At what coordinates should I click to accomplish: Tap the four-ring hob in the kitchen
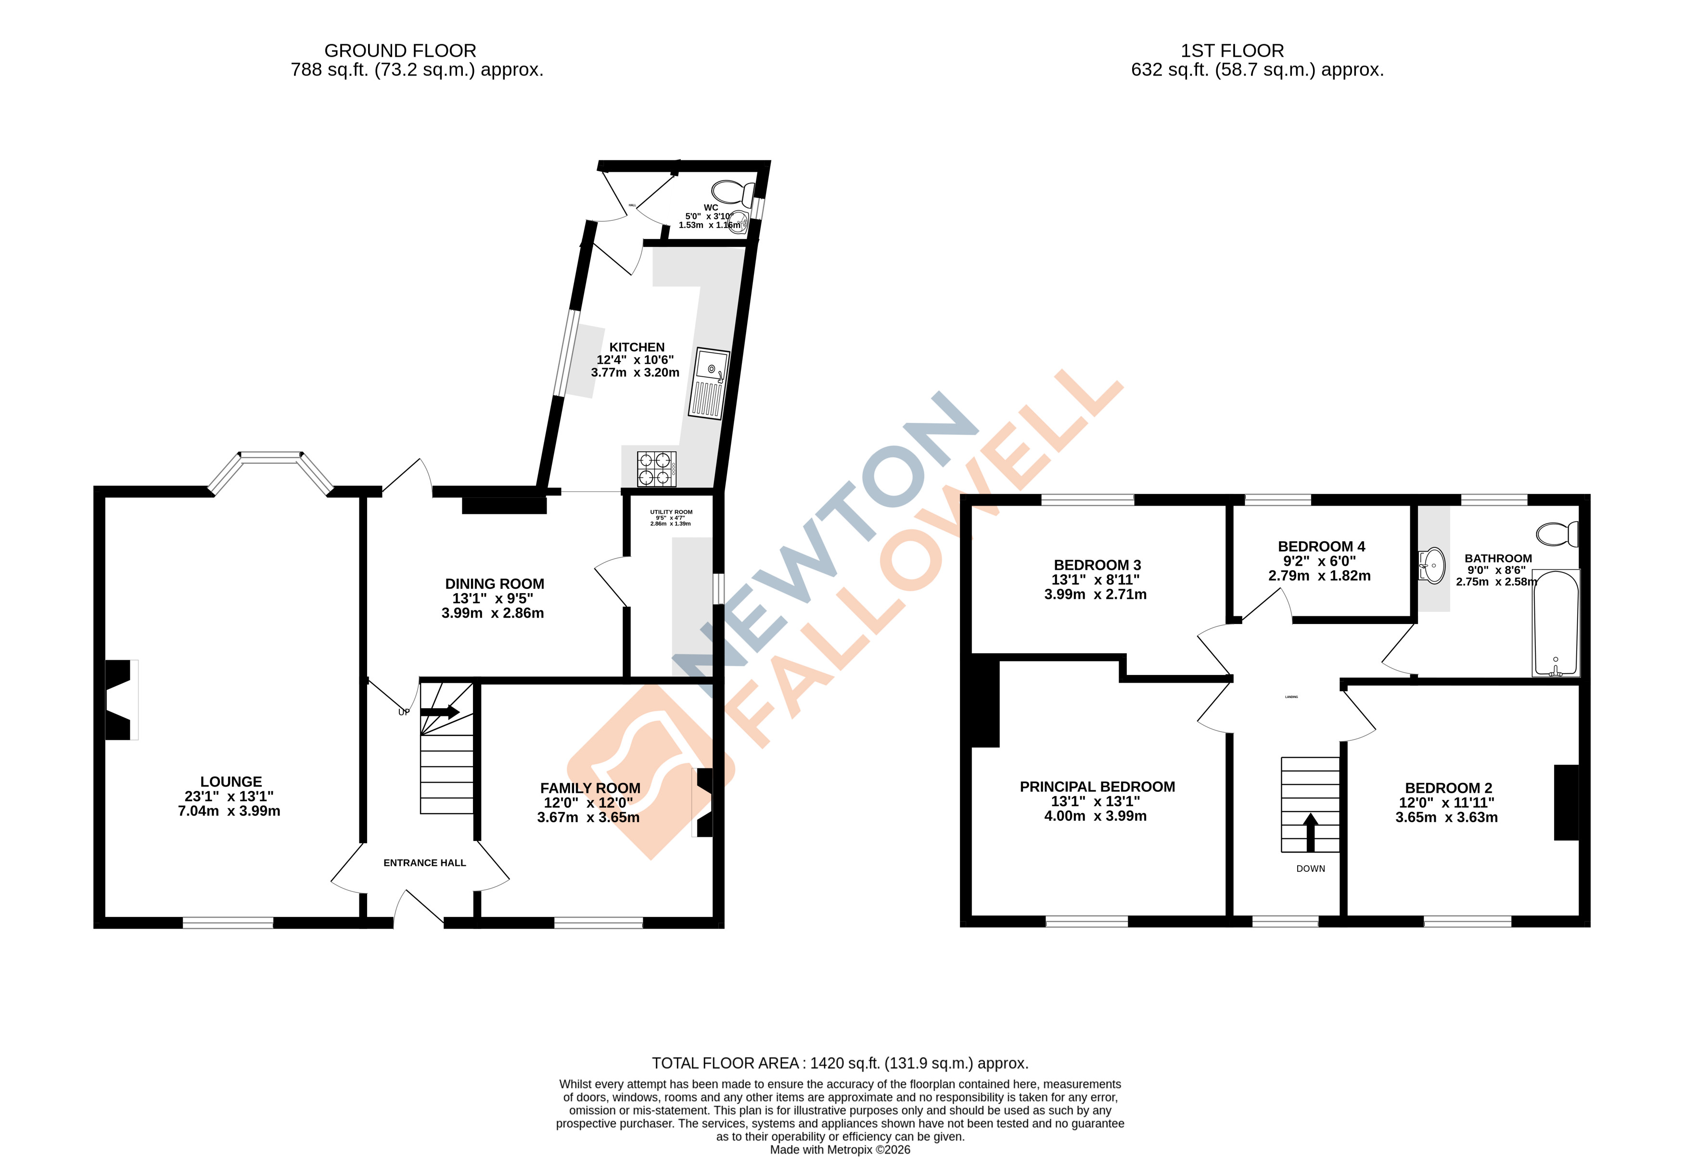pyautogui.click(x=656, y=468)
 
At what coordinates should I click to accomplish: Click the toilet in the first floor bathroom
pyautogui.click(x=1556, y=534)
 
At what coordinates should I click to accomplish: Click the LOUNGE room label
pyautogui.click(x=230, y=781)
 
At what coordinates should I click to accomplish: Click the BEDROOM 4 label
pyautogui.click(x=1321, y=546)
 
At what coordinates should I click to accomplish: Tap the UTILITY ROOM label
pyautogui.click(x=671, y=512)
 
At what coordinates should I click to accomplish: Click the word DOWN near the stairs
pyautogui.click(x=1310, y=868)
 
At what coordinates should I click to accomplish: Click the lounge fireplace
pyautogui.click(x=120, y=699)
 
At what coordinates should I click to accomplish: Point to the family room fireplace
pyautogui.click(x=703, y=802)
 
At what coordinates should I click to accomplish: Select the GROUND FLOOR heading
pyautogui.click(x=400, y=51)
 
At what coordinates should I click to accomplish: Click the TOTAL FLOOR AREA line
pyautogui.click(x=840, y=1063)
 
